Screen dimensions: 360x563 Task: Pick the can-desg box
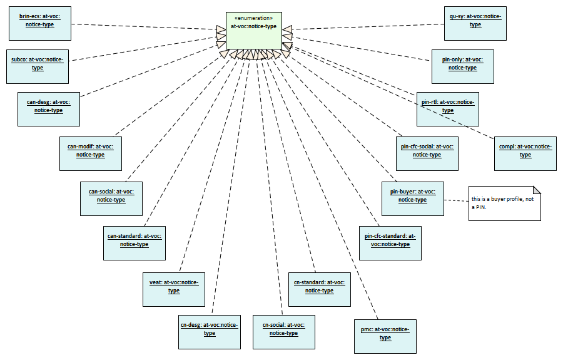pyautogui.click(x=49, y=106)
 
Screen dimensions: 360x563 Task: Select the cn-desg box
pyautogui.click(x=210, y=330)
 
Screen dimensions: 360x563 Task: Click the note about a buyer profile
pyautogui.click(x=504, y=203)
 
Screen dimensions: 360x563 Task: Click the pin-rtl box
pyautogui.click(x=448, y=106)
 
